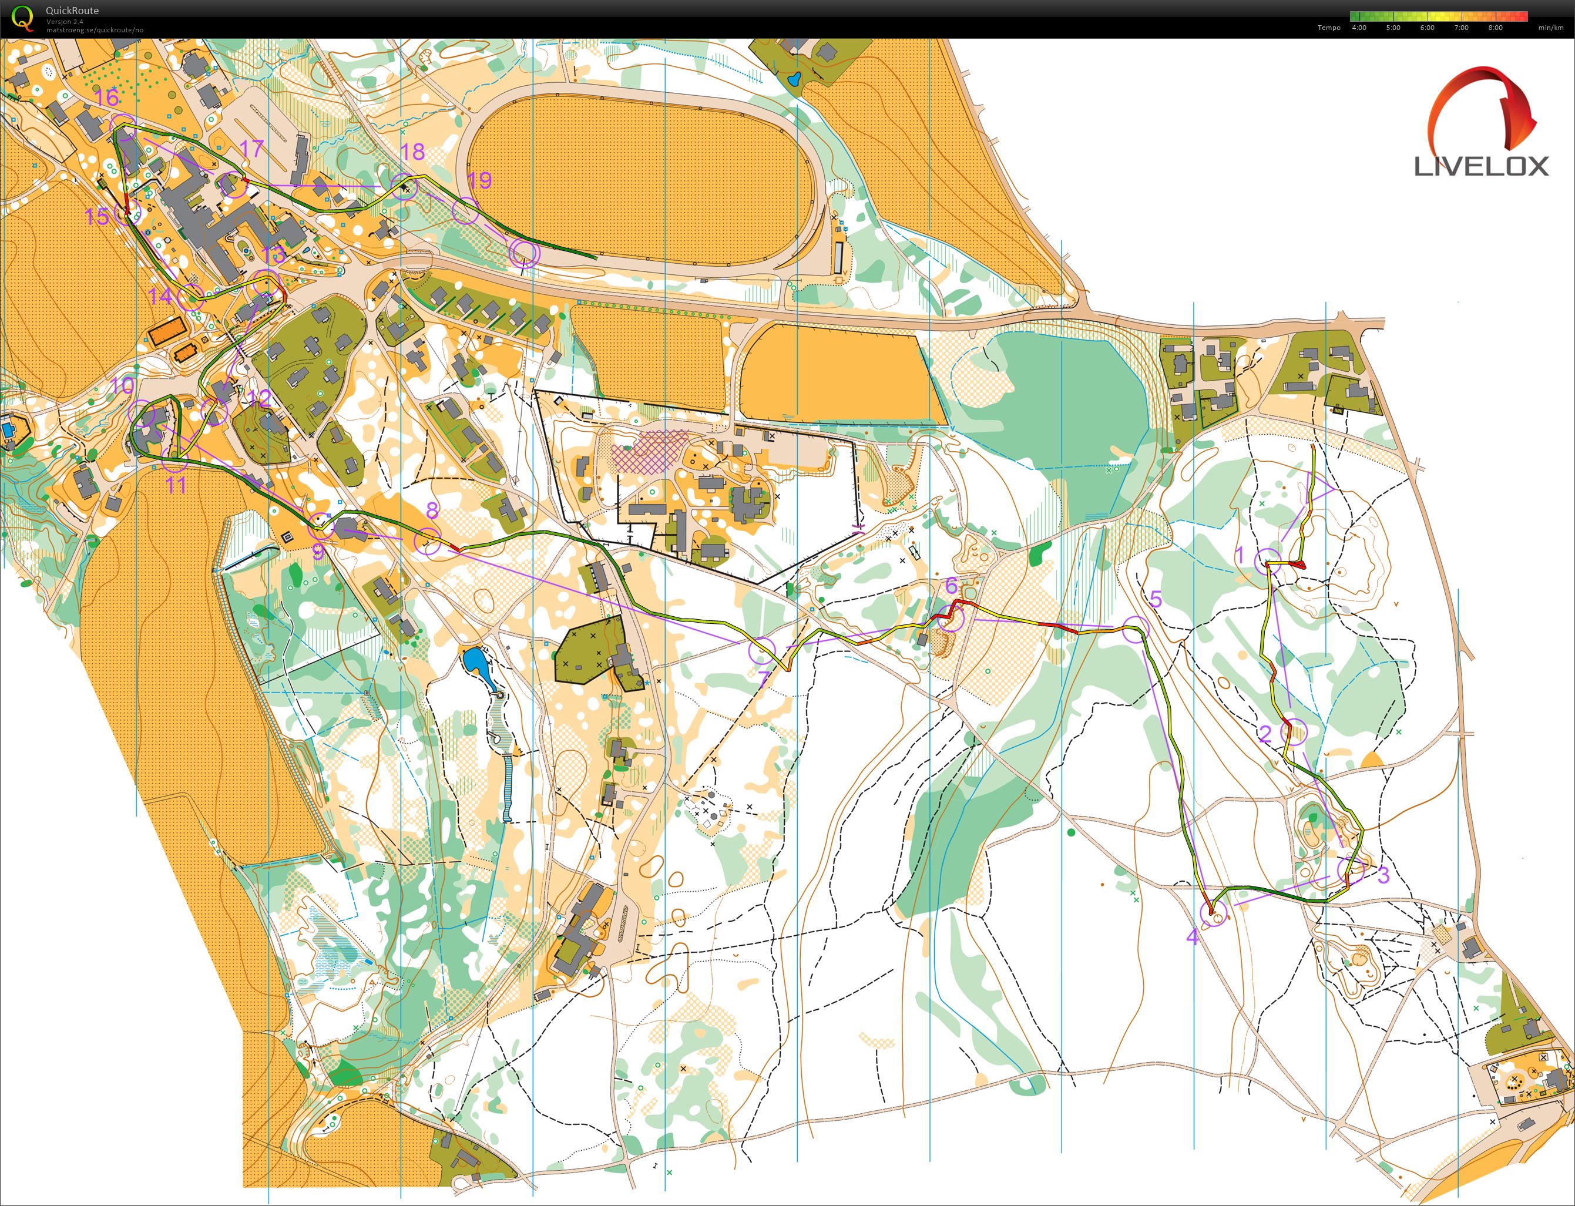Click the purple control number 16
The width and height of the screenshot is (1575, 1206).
point(106,97)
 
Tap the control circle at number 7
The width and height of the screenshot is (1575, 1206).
point(763,651)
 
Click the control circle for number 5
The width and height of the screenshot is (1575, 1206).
point(1136,629)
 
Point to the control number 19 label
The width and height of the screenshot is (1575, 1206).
point(479,180)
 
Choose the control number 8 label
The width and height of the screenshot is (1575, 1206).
point(431,510)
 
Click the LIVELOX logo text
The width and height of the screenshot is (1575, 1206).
point(1481,167)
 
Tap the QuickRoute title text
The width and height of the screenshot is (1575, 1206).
point(72,10)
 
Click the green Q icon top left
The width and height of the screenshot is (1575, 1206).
point(23,18)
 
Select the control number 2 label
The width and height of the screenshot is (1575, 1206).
point(1265,734)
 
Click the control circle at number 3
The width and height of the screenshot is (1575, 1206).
point(1351,871)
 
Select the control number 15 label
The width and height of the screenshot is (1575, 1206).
point(97,216)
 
